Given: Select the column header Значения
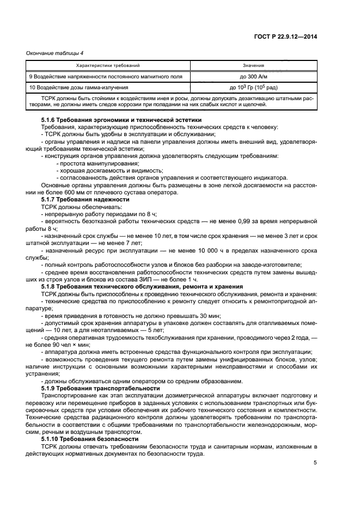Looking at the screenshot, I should point(253,65).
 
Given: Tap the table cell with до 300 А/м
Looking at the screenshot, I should point(253,77).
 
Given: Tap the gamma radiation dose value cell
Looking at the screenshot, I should point(253,87).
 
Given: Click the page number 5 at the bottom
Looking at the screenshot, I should point(315,463).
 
